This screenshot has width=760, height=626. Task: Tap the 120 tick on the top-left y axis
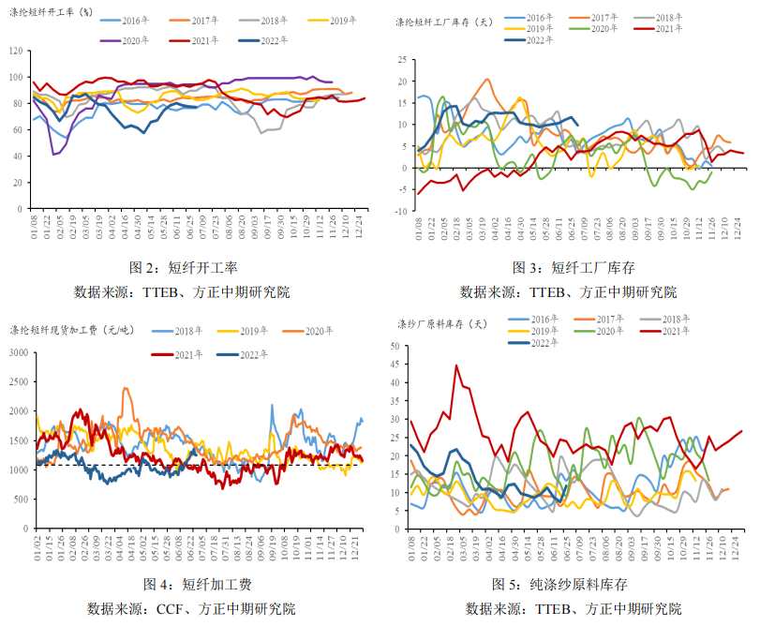[17, 51]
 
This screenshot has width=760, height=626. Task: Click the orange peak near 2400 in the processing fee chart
[125, 389]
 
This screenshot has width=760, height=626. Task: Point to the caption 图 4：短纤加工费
[197, 585]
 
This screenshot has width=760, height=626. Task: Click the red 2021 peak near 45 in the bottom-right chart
[456, 365]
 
